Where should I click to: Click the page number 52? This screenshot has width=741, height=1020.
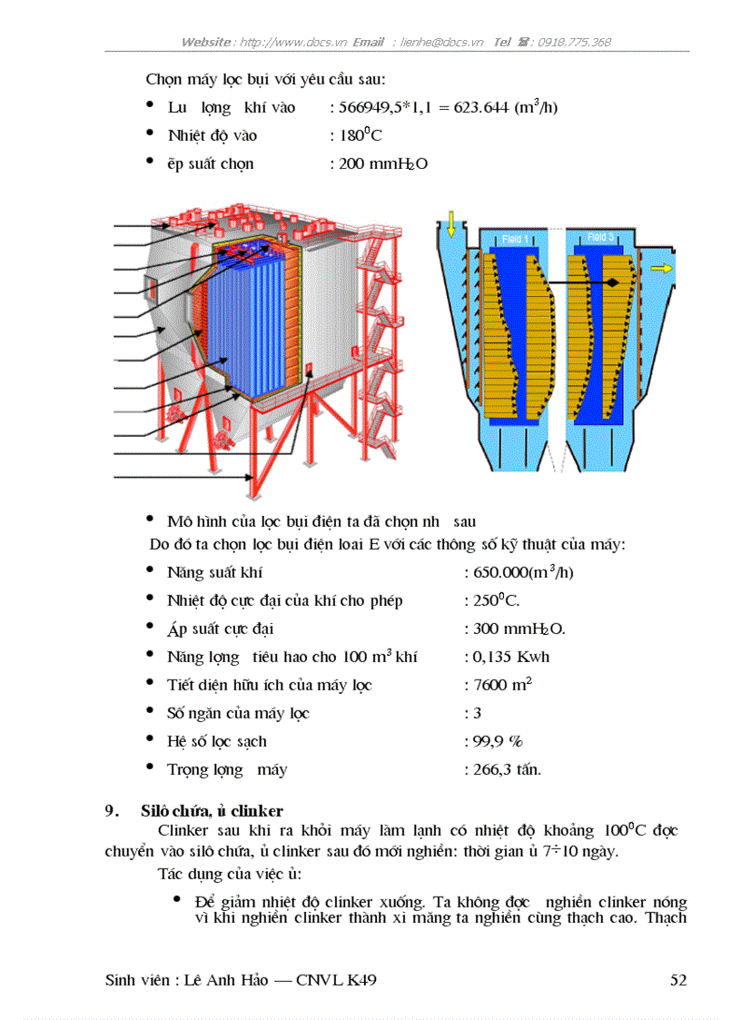[x=677, y=980]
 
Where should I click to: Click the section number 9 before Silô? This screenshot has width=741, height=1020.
[x=109, y=810]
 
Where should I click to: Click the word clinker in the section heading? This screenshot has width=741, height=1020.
[x=257, y=810]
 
